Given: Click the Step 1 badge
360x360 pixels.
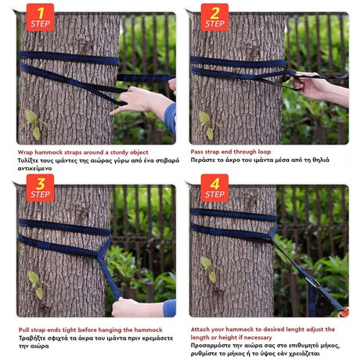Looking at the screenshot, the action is [40, 17].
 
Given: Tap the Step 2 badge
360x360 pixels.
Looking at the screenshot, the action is [214, 17].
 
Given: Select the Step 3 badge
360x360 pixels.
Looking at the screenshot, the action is [40, 188].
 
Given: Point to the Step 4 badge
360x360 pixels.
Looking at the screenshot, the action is [214, 188].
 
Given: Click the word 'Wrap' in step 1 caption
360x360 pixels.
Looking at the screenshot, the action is [25, 153].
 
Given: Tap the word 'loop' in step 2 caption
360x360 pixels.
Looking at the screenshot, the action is [265, 152].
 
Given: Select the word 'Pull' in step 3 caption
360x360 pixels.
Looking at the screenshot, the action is [23, 330].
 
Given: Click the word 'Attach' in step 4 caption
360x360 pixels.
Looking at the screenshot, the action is [200, 329].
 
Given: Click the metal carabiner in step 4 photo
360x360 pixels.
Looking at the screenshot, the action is [314, 283].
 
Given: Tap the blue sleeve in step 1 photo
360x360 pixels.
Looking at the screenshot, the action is [171, 119].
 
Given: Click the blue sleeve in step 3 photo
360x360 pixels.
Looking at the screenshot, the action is [170, 308].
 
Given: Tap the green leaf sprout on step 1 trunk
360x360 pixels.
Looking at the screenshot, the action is [34, 124].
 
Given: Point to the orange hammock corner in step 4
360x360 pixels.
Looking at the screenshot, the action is [344, 312].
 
